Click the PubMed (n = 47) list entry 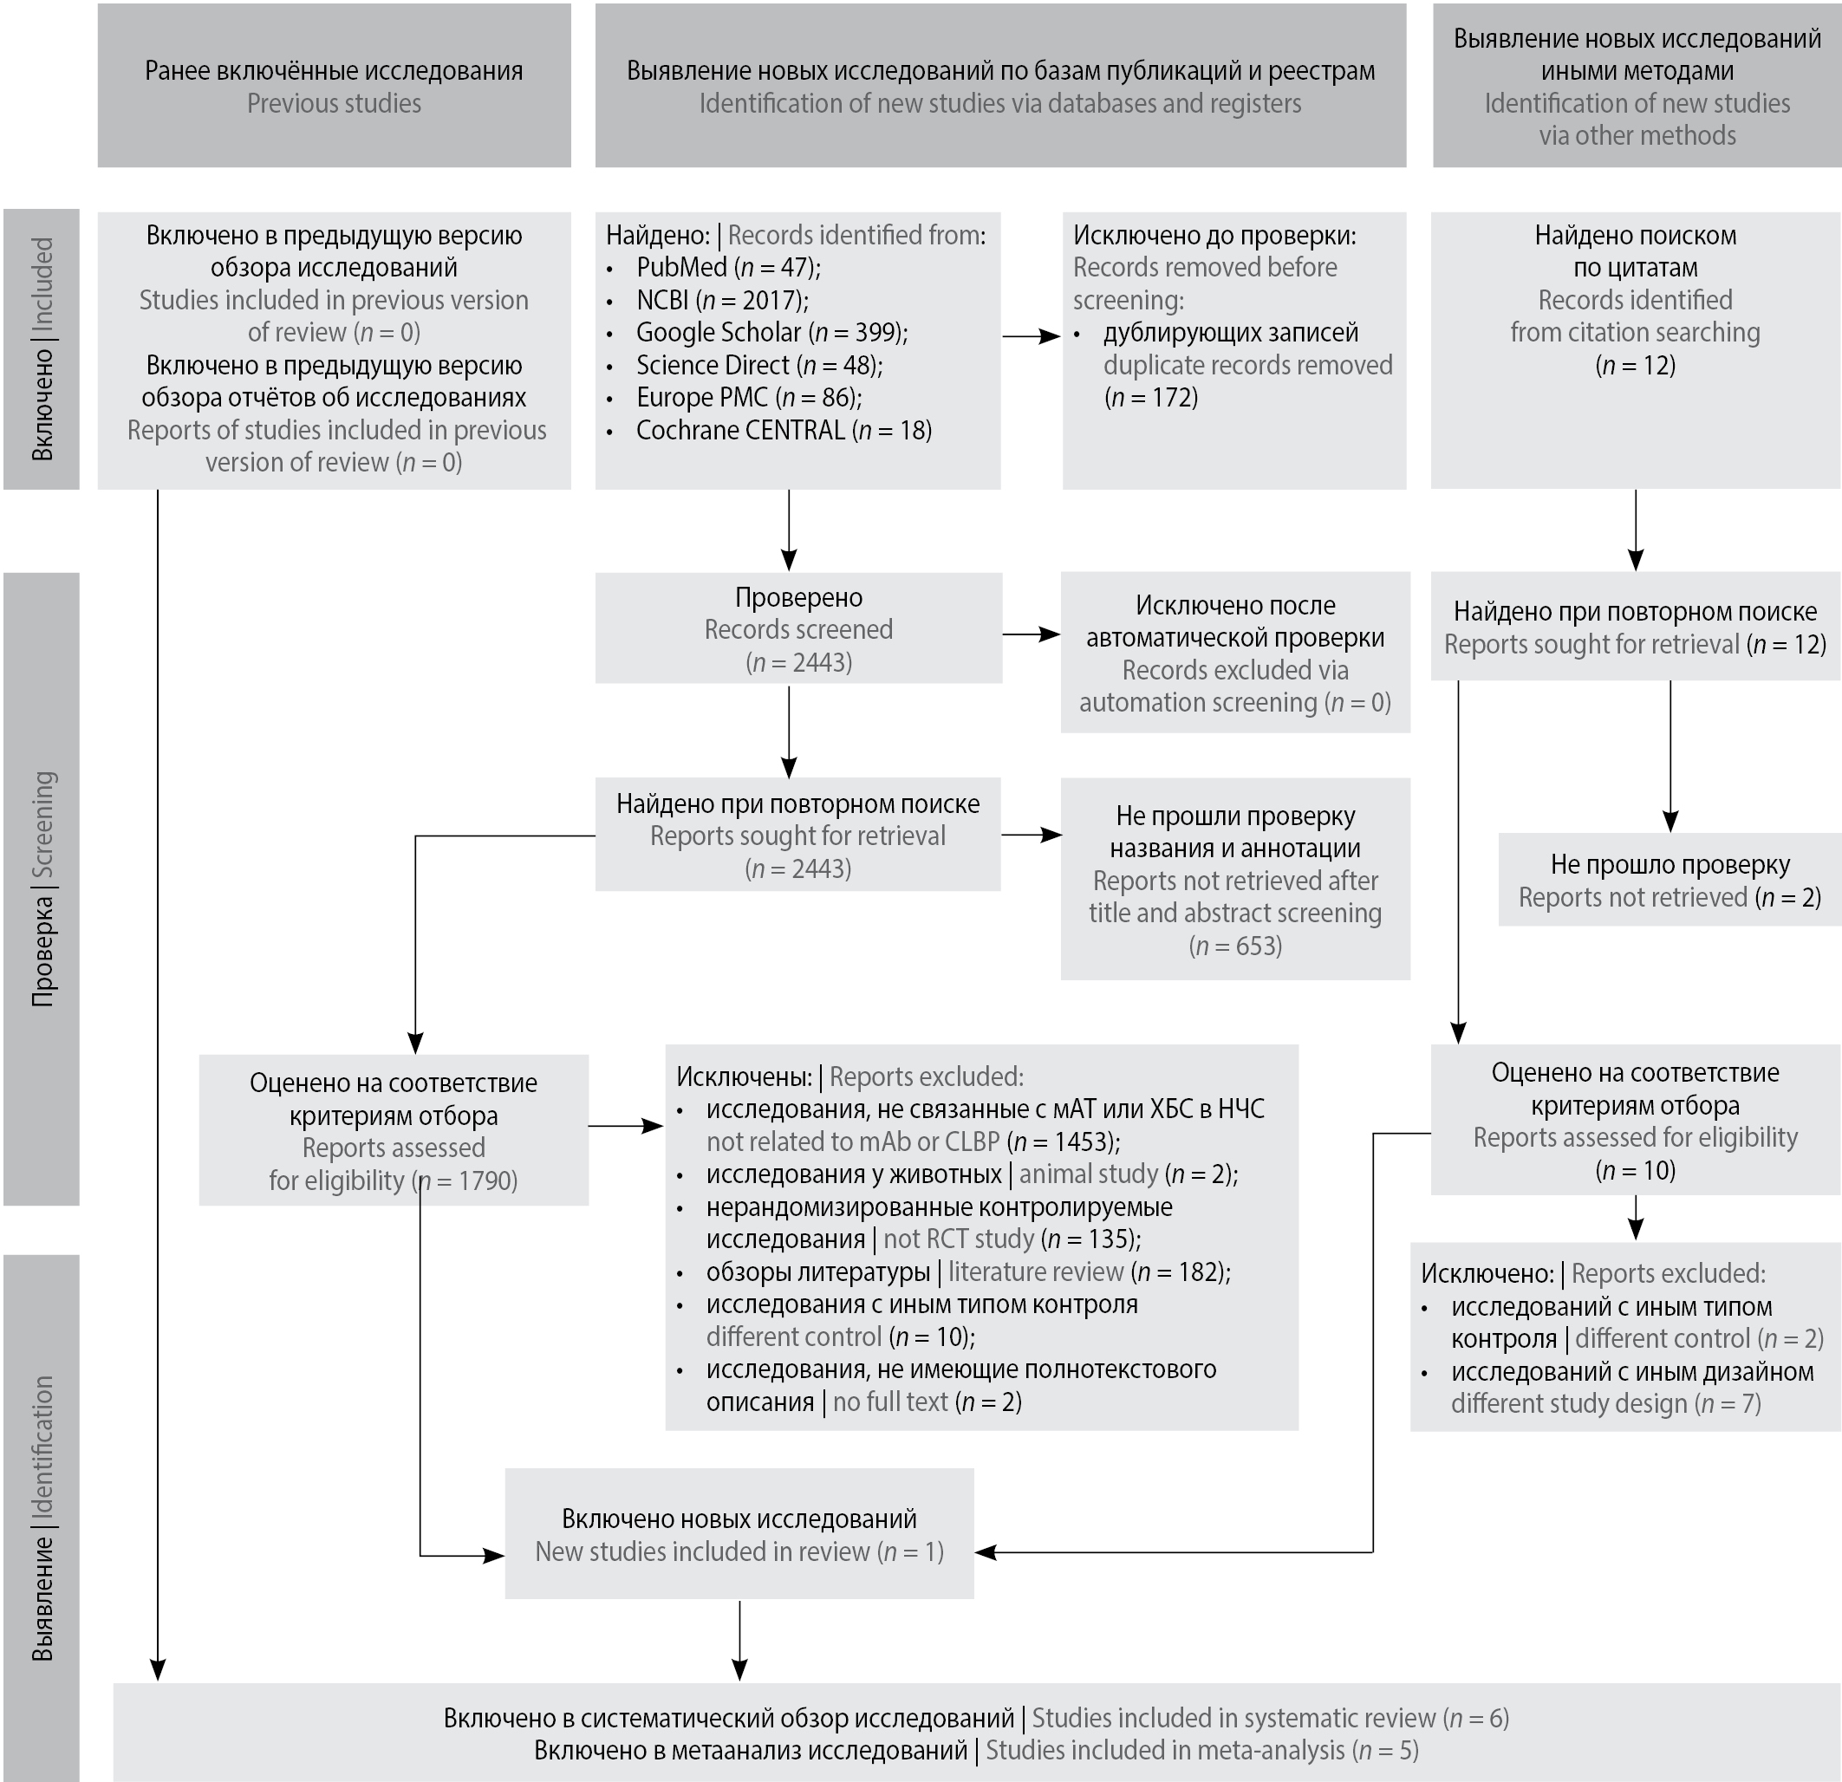(727, 268)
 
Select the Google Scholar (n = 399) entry (771, 333)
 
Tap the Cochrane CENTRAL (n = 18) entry (783, 431)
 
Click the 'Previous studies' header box (334, 87)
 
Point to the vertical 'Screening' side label (42, 888)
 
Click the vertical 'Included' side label (42, 348)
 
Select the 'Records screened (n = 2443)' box (797, 628)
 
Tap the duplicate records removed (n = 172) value (1150, 398)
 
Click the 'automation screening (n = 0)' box (1235, 654)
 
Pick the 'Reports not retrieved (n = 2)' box (1670, 881)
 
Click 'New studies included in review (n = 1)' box (739, 1535)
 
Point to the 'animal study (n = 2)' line (972, 1174)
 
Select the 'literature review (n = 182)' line (968, 1272)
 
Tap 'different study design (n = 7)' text (1605, 1404)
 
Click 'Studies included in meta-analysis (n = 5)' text (975, 1750)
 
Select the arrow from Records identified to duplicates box (1031, 335)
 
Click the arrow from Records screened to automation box (1031, 635)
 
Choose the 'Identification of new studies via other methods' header (1637, 87)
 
